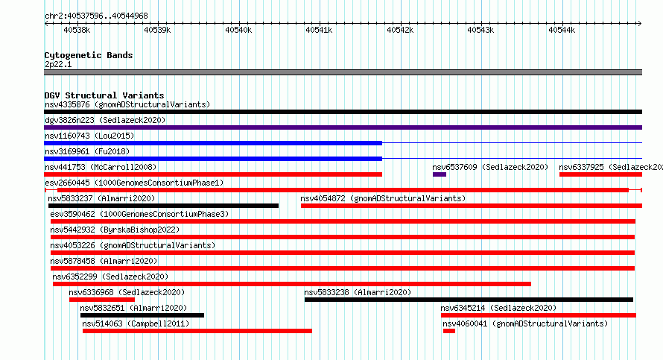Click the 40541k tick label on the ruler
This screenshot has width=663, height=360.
[x=319, y=30]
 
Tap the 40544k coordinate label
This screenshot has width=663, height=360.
[x=562, y=30]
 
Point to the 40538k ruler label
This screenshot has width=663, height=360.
[x=77, y=30]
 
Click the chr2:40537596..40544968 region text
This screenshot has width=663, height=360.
[x=96, y=16]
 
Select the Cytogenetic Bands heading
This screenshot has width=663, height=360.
[x=89, y=55]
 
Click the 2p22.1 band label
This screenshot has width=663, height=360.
[x=58, y=64]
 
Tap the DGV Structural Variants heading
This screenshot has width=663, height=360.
[x=104, y=95]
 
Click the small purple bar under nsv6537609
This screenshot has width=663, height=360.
[x=440, y=174]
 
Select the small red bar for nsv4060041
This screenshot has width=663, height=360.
[x=449, y=331]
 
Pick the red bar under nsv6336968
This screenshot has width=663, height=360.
[x=102, y=300]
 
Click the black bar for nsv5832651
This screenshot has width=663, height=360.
[x=142, y=315]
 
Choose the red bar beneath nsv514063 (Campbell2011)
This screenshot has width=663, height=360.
[x=197, y=331]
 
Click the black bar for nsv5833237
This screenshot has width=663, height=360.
[x=163, y=206]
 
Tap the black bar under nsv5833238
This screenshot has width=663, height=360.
[x=469, y=300]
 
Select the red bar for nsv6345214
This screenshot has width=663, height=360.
[x=539, y=315]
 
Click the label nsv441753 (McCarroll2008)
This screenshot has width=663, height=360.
[x=101, y=167]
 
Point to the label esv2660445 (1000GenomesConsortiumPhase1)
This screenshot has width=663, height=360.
[x=134, y=183]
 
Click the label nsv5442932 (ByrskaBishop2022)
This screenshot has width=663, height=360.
[x=115, y=230]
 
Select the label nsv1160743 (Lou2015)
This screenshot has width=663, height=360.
[x=89, y=136]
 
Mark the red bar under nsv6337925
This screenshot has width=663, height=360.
[x=601, y=174]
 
